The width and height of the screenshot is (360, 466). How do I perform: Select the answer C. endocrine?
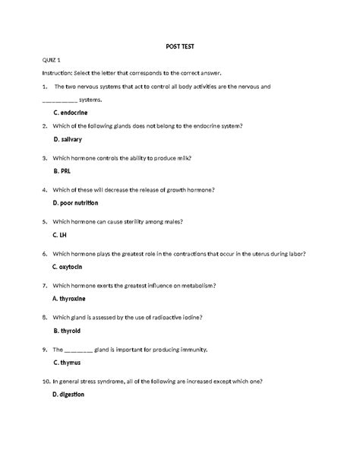coord(70,112)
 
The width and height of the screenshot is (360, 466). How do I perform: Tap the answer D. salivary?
coord(68,141)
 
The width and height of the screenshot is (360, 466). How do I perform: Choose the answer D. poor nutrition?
coord(76,204)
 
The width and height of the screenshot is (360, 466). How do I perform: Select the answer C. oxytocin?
coord(71,267)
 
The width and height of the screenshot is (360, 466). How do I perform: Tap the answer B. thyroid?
coord(67,331)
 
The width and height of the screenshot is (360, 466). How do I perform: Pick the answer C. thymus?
coord(67,363)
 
